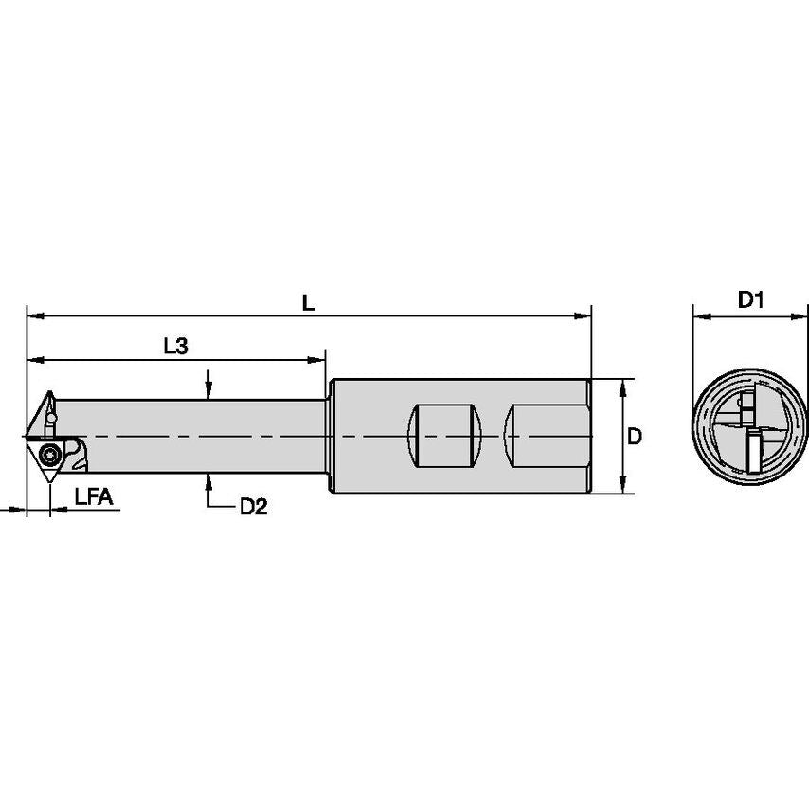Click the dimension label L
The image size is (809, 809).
[x=308, y=302]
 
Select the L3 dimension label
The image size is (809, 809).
[x=175, y=347]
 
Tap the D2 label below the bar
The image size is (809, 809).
[x=253, y=507]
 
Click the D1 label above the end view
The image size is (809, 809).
[x=751, y=300]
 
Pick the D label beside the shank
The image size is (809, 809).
[x=636, y=437]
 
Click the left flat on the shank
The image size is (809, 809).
[x=443, y=435]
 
